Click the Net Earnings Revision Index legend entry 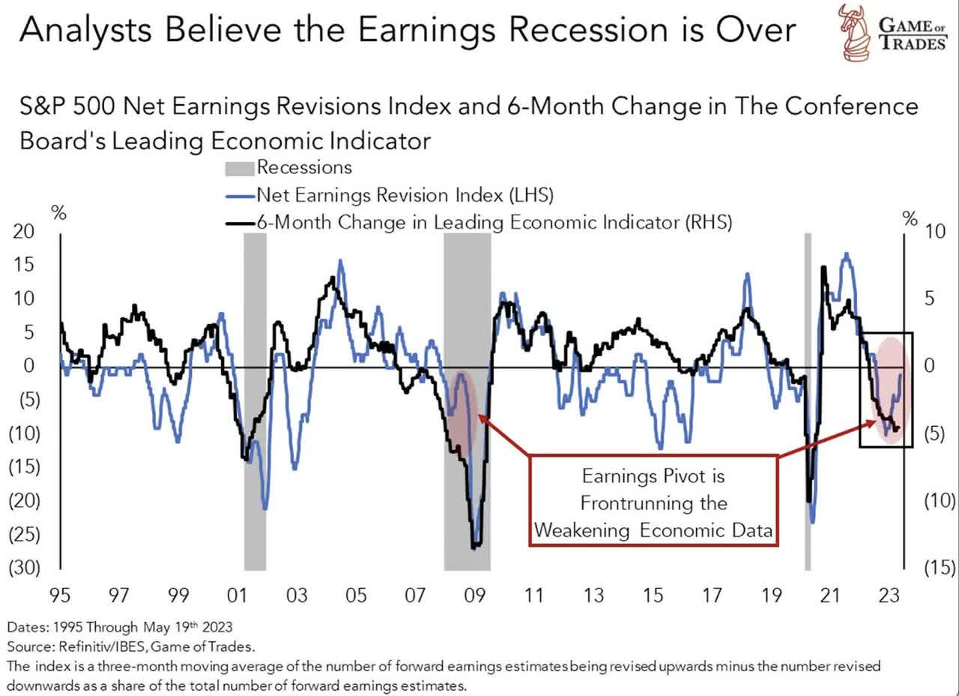click(x=390, y=195)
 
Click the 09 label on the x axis click(x=474, y=596)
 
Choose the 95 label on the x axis click(x=59, y=596)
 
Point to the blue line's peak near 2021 click(x=847, y=255)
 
